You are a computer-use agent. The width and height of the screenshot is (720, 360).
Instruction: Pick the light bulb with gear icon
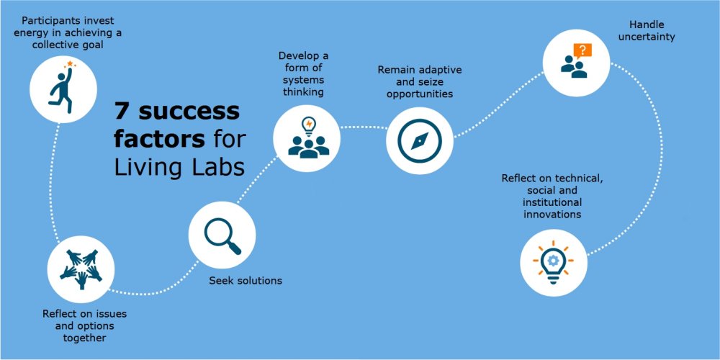coord(553,261)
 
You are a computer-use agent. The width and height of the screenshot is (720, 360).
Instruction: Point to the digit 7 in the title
coord(122,112)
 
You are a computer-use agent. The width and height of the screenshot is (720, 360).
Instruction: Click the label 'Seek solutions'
coord(246,280)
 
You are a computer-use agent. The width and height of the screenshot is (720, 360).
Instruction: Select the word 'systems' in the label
coord(302,80)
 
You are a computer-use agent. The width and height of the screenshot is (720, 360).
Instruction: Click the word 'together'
coord(84,338)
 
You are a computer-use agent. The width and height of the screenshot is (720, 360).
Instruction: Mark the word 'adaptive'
coord(433,70)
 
